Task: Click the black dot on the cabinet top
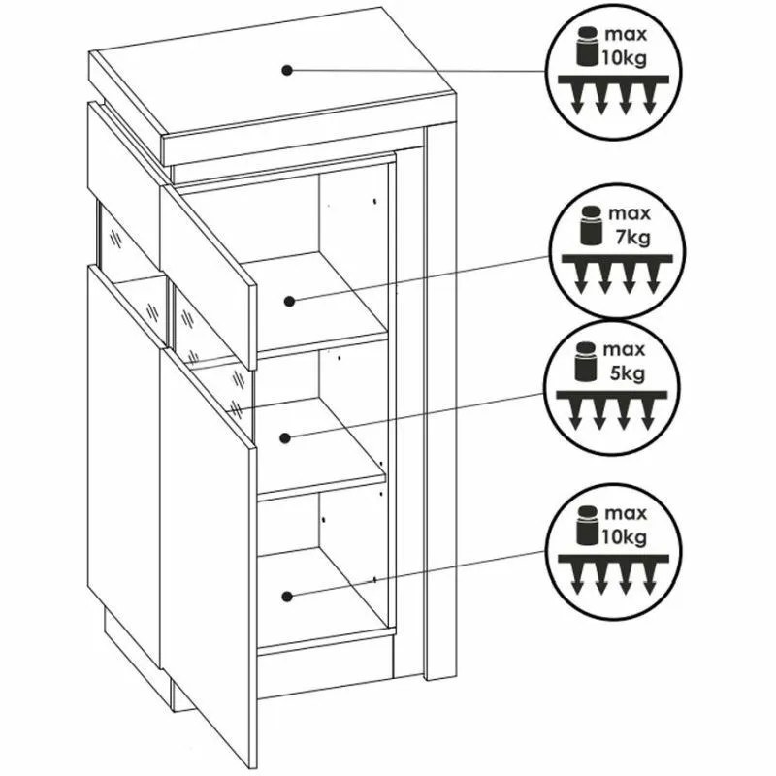click(286, 70)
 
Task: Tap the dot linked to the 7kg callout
click(289, 301)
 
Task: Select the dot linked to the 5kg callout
click(284, 438)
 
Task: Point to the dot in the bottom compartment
click(287, 597)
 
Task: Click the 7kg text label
click(632, 238)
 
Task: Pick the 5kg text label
click(627, 372)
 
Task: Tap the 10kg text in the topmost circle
click(624, 58)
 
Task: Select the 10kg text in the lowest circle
click(624, 537)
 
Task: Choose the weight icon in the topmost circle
click(589, 46)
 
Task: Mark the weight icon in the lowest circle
click(589, 525)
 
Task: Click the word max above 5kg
click(624, 349)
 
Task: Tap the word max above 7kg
click(630, 213)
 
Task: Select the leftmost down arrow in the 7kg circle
click(581, 277)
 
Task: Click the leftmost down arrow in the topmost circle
click(576, 99)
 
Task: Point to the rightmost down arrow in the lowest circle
click(650, 577)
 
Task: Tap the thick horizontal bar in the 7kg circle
click(617, 259)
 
